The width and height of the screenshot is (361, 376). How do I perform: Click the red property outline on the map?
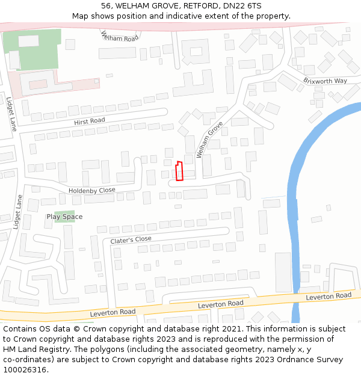[x=179, y=171]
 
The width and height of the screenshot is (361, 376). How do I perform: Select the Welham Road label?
[x=119, y=37]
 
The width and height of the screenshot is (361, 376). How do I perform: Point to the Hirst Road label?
[x=90, y=122]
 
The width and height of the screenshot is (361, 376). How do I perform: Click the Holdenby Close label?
[x=91, y=190]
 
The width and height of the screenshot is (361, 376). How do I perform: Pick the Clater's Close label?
[x=131, y=239]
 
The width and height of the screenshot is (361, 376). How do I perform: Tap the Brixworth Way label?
[x=325, y=81]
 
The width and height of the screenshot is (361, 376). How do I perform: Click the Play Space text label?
[x=64, y=217]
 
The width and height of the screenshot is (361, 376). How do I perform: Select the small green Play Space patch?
[x=64, y=215]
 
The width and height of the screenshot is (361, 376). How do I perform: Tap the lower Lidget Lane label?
[x=17, y=212]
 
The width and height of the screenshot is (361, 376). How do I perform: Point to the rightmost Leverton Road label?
[x=328, y=296]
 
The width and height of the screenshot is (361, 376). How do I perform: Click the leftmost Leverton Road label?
[x=113, y=312]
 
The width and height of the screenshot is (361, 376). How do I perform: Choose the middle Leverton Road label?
[x=221, y=304]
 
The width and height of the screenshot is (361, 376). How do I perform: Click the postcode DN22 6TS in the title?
[x=241, y=6]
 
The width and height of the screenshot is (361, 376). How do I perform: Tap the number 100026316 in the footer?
[x=25, y=370]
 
